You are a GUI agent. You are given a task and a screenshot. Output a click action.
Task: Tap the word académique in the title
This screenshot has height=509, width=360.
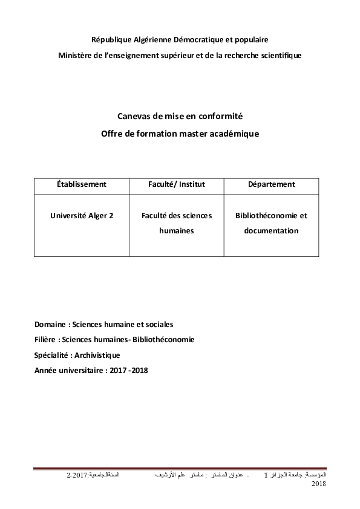tap(232, 133)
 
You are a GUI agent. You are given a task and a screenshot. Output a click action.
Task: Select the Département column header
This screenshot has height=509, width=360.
tap(272, 184)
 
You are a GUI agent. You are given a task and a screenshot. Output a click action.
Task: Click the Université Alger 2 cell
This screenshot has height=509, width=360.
tap(82, 215)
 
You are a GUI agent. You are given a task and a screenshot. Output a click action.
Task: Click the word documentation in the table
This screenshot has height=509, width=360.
tap(272, 230)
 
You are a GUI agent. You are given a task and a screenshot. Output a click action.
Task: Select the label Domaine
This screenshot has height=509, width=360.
tap(51, 324)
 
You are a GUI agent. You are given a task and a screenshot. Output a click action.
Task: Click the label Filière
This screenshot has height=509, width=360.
tap(47, 340)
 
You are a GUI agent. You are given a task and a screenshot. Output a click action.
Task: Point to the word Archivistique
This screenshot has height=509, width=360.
tap(99, 355)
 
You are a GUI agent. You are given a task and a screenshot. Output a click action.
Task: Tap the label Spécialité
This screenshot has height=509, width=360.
tap(53, 355)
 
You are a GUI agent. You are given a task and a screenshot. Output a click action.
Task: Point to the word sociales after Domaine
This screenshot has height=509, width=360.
tap(159, 324)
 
